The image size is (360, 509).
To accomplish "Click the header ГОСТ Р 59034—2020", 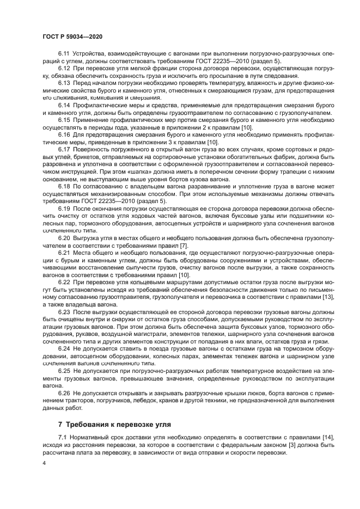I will pos(72,36).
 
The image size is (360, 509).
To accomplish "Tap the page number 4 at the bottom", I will pos(44,463).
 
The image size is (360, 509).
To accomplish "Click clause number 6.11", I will pos(64,56).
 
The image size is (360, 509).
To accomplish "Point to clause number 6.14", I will pos(64,103).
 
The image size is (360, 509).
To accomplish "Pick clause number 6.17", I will pos(64,148).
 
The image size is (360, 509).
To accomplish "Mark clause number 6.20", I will pos(64,238).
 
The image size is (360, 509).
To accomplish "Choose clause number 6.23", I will pos(64,312).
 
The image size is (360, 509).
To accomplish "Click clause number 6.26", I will pos(64,392).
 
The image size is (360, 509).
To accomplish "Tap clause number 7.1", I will pos(62,438).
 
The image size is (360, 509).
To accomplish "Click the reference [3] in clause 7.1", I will pos(248,445).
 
